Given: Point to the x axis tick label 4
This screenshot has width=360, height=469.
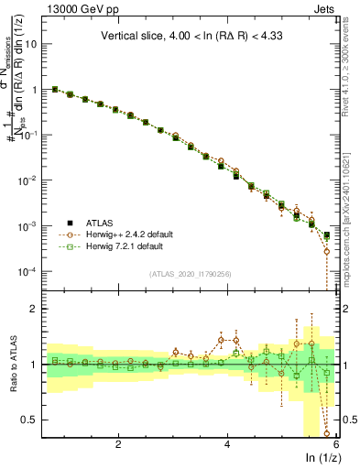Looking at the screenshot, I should click(x=228, y=444).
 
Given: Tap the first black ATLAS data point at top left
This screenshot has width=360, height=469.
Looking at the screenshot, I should click(x=55, y=90).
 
